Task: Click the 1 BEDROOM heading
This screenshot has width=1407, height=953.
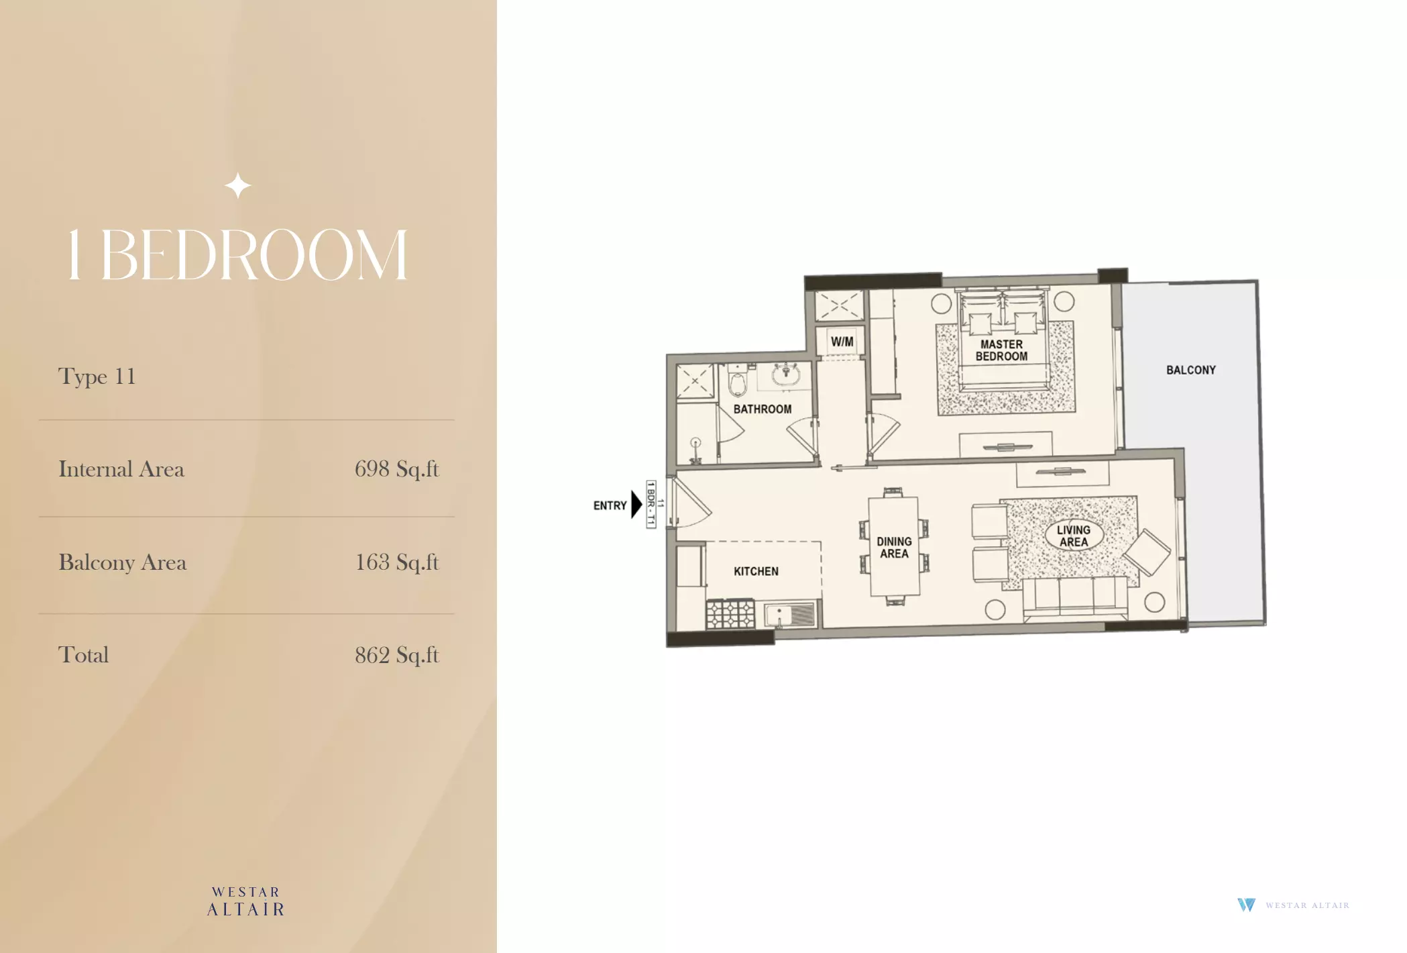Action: pyautogui.click(x=237, y=255)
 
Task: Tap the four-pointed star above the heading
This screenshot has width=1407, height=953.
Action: pyautogui.click(x=238, y=186)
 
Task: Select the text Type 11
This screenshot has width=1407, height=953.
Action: pyautogui.click(x=97, y=377)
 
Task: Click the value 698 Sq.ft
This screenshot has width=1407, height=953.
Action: pyautogui.click(x=396, y=468)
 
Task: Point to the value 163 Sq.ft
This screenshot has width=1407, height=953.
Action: pyautogui.click(x=396, y=562)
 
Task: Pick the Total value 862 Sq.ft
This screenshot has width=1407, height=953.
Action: pyautogui.click(x=396, y=654)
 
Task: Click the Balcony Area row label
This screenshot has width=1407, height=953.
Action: pyautogui.click(x=122, y=562)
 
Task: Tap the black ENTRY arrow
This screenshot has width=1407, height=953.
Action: pyautogui.click(x=636, y=505)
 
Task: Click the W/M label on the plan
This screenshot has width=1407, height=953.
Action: pyautogui.click(x=842, y=342)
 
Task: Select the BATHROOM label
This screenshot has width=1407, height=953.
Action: pyautogui.click(x=762, y=409)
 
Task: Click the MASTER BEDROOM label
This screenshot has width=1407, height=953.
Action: pyautogui.click(x=1001, y=350)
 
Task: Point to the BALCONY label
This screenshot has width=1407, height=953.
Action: pyautogui.click(x=1190, y=370)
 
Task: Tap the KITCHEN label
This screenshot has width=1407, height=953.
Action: pyautogui.click(x=756, y=571)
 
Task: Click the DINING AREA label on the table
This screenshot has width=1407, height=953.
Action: pyautogui.click(x=894, y=547)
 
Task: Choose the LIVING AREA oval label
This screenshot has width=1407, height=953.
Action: pyautogui.click(x=1074, y=536)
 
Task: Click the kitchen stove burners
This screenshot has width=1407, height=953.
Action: pyautogui.click(x=730, y=614)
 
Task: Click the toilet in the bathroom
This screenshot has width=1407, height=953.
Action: pyautogui.click(x=738, y=381)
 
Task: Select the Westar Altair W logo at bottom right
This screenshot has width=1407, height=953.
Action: pyautogui.click(x=1246, y=905)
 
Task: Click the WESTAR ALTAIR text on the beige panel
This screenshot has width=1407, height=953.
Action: pyautogui.click(x=245, y=901)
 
